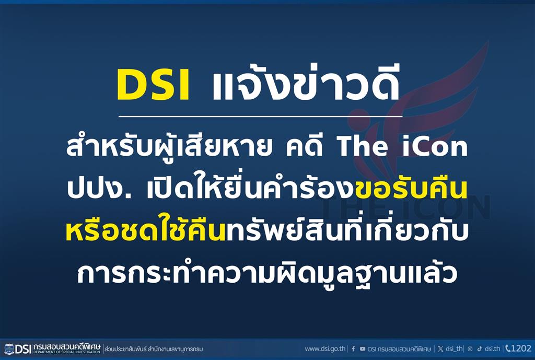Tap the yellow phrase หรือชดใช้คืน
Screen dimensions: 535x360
point(145,230)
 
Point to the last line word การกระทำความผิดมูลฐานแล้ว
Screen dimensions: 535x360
point(267,273)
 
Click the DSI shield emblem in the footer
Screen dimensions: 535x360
point(9,349)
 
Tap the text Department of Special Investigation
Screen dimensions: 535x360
point(67,352)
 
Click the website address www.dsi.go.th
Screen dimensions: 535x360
point(325,349)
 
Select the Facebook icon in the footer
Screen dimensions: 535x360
point(353,349)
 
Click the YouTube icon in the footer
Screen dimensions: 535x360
point(363,349)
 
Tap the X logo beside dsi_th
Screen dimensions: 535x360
point(441,349)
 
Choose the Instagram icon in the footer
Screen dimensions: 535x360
point(470,349)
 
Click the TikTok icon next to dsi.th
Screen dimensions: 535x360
point(480,349)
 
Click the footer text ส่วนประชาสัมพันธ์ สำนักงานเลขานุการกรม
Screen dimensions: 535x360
point(154,349)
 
